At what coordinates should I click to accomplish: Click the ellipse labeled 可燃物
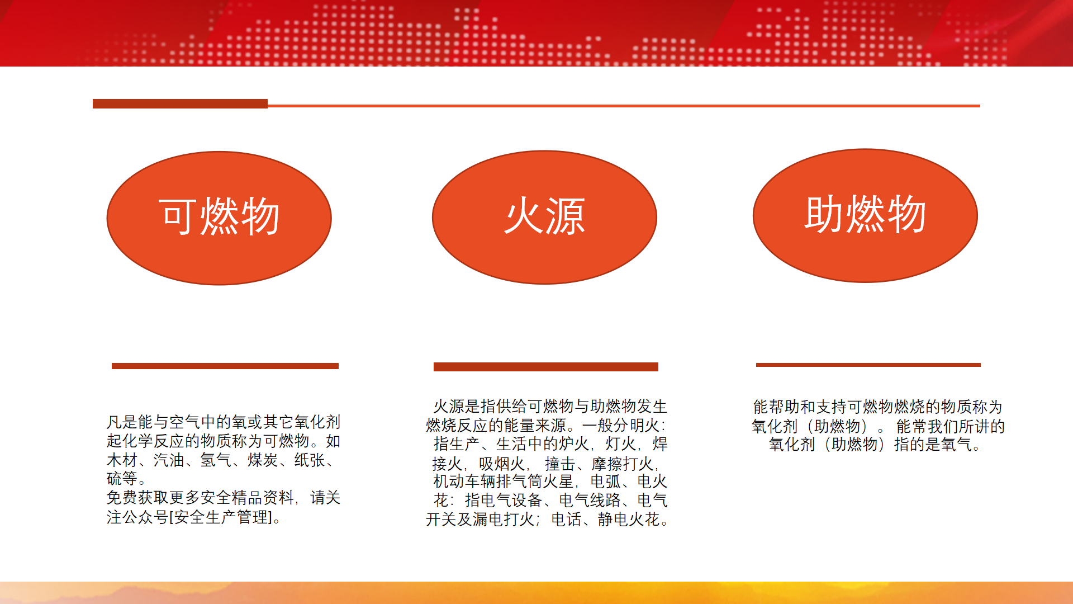point(219,218)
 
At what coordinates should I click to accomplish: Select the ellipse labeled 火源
point(544,217)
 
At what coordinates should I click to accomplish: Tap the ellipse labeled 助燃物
point(865,215)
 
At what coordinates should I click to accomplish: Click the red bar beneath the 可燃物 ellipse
point(225,366)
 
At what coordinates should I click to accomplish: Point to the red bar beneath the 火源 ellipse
point(546,367)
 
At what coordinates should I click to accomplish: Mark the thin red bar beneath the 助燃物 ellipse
point(868,365)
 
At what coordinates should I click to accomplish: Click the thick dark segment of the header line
point(180,103)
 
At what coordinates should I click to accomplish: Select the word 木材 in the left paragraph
point(122,460)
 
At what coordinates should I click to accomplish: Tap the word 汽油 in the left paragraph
point(169,460)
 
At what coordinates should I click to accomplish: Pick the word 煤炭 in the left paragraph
point(263,460)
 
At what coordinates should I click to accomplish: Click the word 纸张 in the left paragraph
point(310,460)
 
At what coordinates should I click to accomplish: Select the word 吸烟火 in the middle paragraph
point(502,464)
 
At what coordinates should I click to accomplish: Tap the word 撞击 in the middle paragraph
point(560,464)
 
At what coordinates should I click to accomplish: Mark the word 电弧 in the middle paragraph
point(606,481)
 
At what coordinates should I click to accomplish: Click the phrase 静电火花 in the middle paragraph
point(629,520)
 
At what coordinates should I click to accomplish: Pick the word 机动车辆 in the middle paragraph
point(464,481)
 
